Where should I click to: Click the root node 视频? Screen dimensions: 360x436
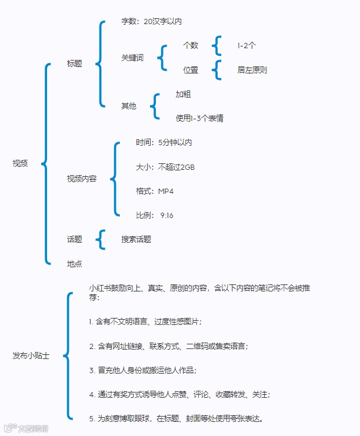coord(20,163)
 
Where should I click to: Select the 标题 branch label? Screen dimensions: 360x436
coord(75,63)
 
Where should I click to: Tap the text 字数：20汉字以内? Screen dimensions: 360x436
coord(151,21)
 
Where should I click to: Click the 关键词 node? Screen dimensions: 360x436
coord(132,58)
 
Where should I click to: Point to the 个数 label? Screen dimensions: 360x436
coord(191,45)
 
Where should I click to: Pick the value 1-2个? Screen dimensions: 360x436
coord(246,45)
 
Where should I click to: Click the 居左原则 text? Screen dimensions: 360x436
coord(252,70)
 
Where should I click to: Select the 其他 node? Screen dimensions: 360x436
coord(129,106)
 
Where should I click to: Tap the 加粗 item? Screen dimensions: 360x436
coord(183,94)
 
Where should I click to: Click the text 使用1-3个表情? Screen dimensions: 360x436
coord(199,118)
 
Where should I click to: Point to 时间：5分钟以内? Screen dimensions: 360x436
coord(164,143)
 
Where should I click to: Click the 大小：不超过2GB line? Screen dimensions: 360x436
coord(165,167)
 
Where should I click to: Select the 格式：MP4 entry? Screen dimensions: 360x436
coord(155,191)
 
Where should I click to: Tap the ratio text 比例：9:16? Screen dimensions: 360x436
coord(155,215)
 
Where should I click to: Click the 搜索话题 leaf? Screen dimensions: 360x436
coord(136,239)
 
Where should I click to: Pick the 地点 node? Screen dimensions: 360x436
coord(75,264)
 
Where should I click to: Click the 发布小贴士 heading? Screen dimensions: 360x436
coord(31,355)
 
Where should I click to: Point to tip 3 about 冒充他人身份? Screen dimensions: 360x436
coord(142,370)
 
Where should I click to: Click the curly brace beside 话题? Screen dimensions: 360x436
coord(102,239)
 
